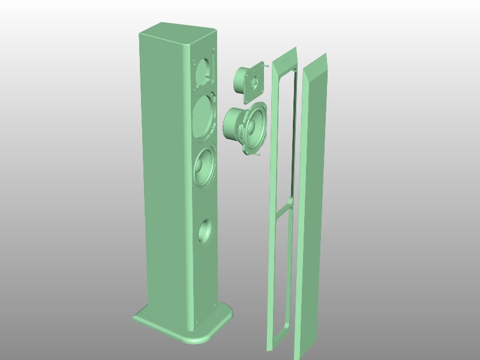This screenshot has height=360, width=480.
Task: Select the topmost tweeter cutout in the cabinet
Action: pos(204,71)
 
